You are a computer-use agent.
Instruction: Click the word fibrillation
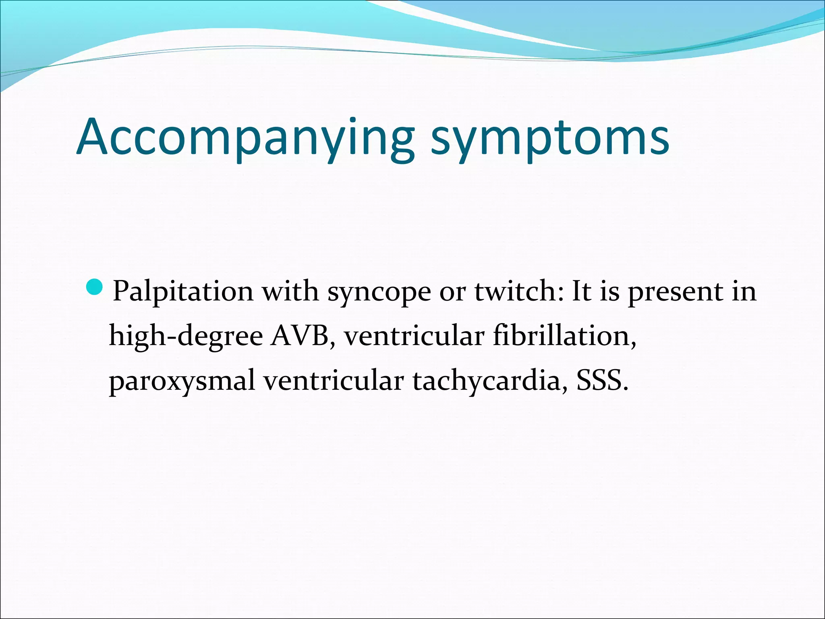(x=564, y=336)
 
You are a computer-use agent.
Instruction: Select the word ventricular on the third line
(x=334, y=380)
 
